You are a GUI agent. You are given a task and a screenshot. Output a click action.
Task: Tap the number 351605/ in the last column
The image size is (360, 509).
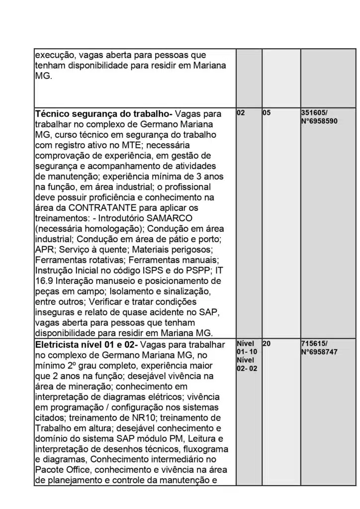(x=314, y=113)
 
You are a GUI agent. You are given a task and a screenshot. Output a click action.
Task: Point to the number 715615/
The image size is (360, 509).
(x=314, y=343)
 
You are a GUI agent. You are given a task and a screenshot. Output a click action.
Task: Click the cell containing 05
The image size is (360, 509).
(x=267, y=113)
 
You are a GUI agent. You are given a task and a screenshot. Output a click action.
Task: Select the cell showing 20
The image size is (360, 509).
(x=267, y=343)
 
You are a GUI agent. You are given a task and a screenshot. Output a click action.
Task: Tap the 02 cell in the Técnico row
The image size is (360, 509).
(x=241, y=113)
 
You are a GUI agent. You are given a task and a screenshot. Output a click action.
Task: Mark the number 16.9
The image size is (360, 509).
(x=45, y=281)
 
